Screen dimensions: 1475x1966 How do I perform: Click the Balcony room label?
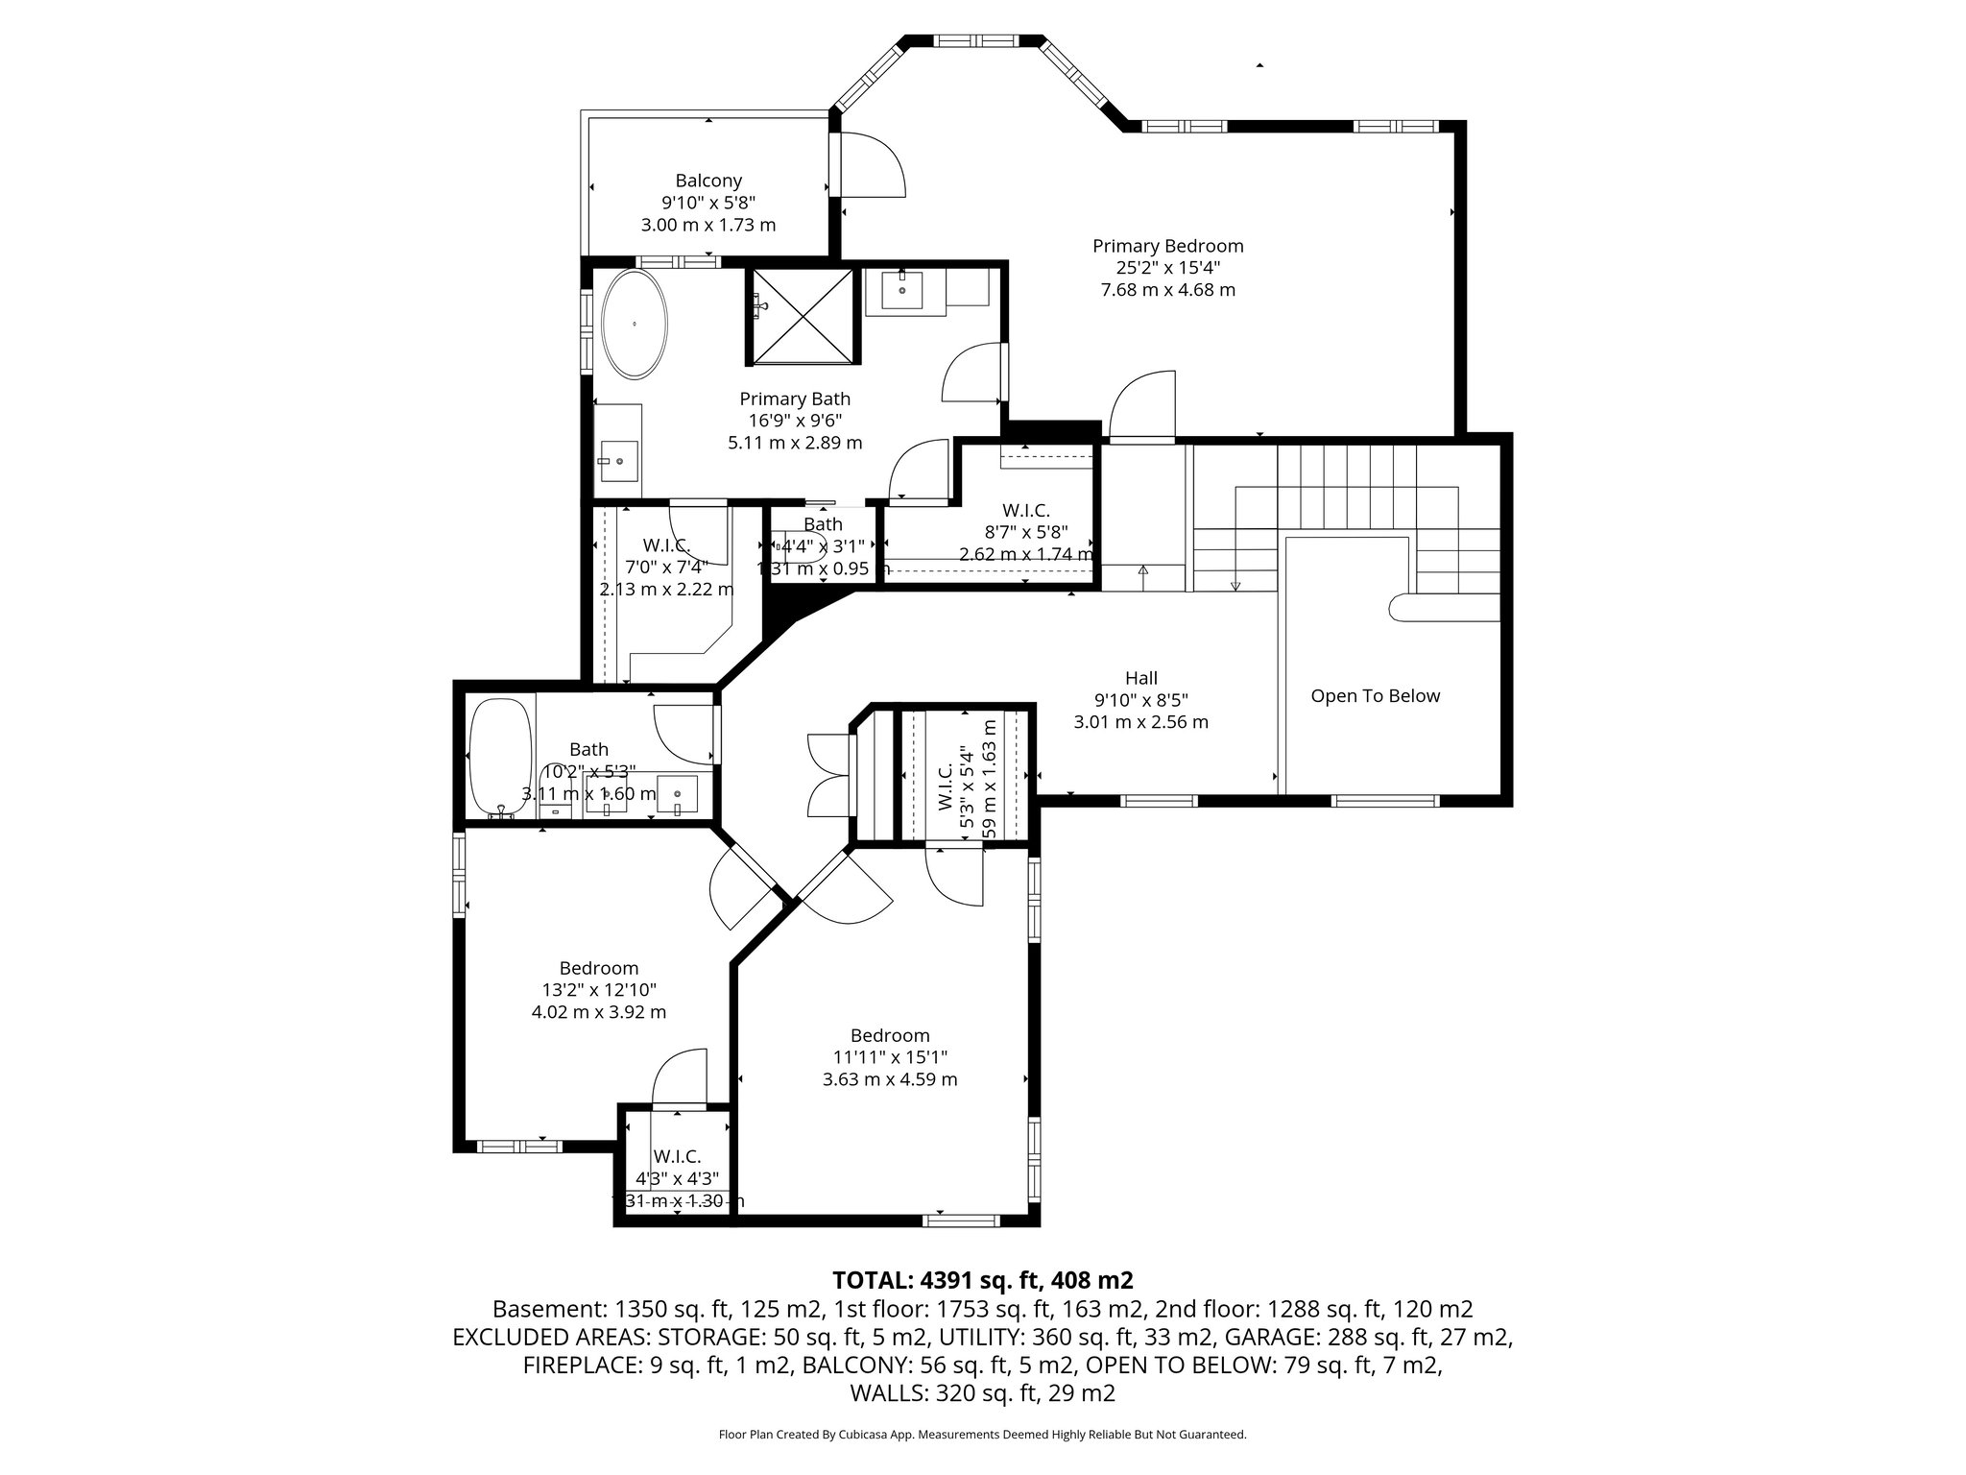coord(708,181)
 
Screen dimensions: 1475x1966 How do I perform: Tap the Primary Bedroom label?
coord(1167,246)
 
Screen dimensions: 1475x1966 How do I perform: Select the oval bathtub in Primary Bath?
coord(635,324)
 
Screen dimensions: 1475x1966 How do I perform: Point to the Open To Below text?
coord(1375,696)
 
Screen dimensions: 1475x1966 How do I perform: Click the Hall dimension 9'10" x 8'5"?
coord(1140,700)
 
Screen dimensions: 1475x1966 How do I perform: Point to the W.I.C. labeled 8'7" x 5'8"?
coord(1026,532)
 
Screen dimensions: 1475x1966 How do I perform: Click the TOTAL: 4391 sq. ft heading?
coord(982,1280)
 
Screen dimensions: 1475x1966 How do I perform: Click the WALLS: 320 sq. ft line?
coord(982,1393)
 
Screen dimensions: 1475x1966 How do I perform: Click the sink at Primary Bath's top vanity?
coord(902,289)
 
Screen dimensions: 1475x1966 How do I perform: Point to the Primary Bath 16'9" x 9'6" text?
coord(795,421)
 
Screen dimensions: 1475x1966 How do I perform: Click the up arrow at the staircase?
coord(1142,570)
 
